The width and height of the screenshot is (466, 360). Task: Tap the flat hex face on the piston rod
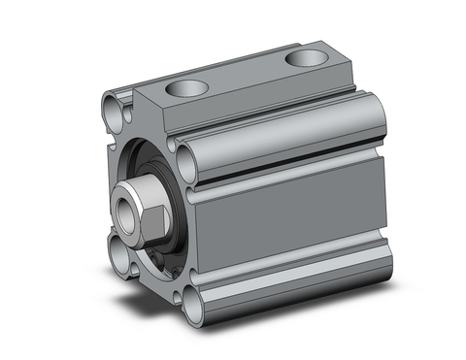[x=155, y=204]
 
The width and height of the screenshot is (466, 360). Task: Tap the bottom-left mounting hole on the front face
[x=120, y=260]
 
